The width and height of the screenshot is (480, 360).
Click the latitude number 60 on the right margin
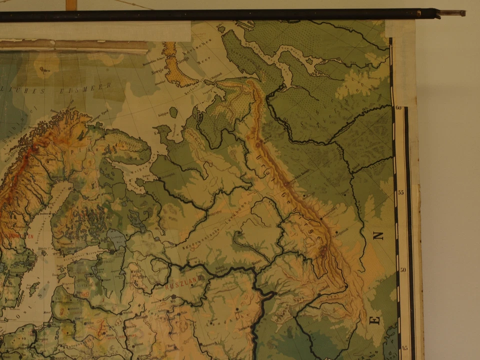[399, 107]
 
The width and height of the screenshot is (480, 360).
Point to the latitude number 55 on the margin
[401, 192]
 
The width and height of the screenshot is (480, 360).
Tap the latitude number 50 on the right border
[403, 270]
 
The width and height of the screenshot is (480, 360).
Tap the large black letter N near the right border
[378, 235]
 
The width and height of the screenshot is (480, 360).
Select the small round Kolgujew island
[173, 112]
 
